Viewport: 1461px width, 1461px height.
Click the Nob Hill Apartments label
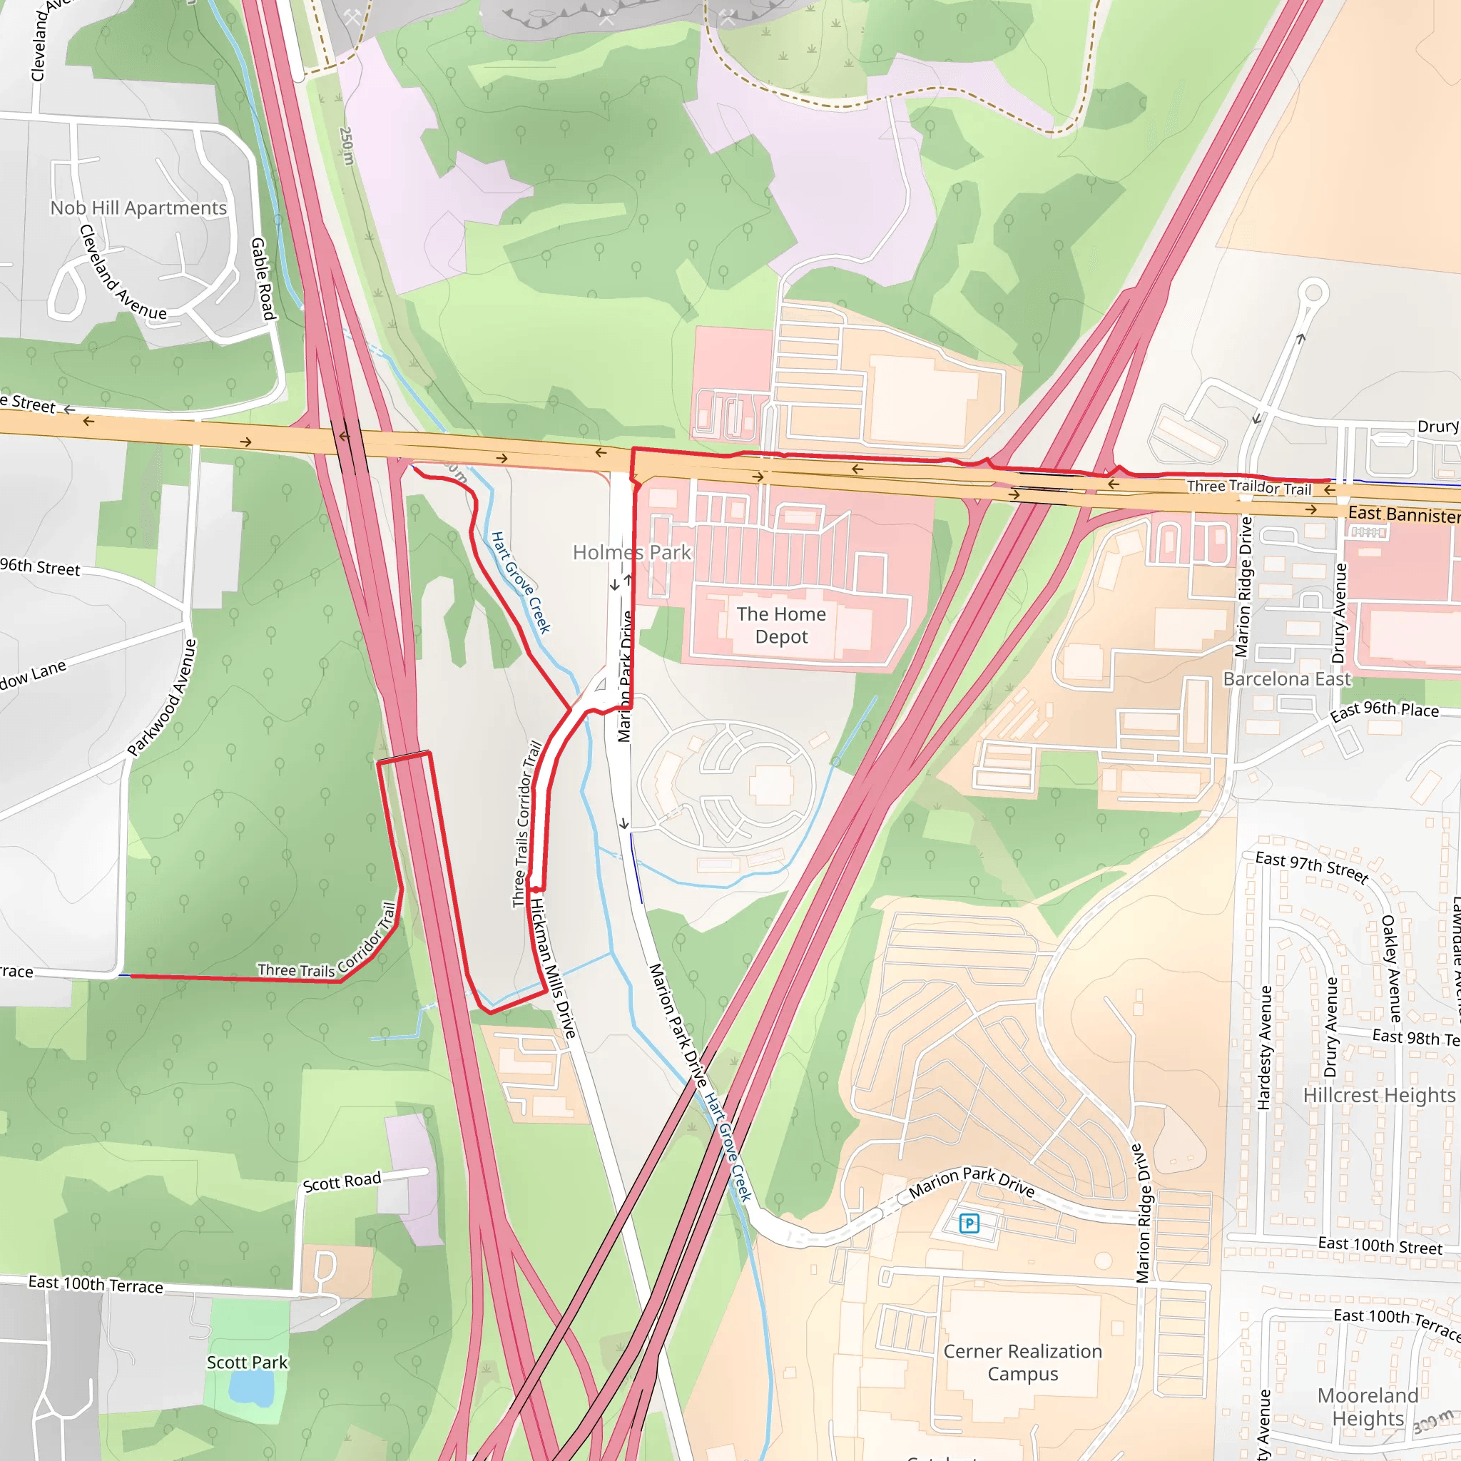click(138, 208)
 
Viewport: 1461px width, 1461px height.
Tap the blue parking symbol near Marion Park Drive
click(969, 1223)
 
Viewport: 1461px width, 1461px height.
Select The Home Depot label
click(781, 626)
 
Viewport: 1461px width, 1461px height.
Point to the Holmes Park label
click(631, 553)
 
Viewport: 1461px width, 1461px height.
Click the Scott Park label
click(248, 1363)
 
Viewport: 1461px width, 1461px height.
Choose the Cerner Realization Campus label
click(1022, 1363)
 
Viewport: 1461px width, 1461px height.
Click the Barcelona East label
click(1286, 679)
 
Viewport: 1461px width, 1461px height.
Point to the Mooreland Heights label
click(1368, 1407)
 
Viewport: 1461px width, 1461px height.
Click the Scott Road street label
click(342, 1182)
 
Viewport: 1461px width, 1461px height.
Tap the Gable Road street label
click(263, 279)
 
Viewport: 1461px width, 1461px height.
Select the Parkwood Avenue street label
click(162, 698)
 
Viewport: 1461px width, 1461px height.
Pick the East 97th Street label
click(1311, 867)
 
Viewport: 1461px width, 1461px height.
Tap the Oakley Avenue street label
click(1390, 969)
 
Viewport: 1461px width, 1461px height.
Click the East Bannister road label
click(1403, 514)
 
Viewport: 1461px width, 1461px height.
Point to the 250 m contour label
click(346, 146)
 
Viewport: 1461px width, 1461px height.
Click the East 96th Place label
click(1384, 710)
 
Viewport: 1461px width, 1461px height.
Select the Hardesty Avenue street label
click(1263, 1048)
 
